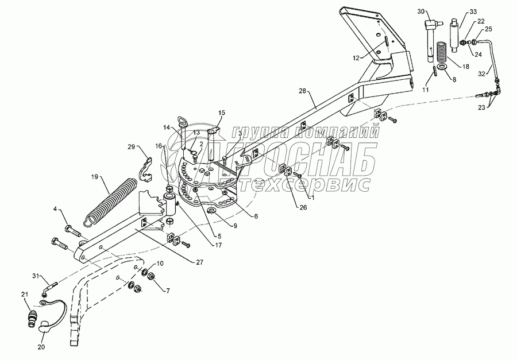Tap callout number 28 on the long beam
click(304, 90)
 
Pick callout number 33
click(473, 11)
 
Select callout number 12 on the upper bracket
click(356, 58)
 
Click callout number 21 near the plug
click(25, 295)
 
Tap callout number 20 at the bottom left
click(41, 347)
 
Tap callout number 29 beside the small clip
click(131, 148)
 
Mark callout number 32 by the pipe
click(483, 73)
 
